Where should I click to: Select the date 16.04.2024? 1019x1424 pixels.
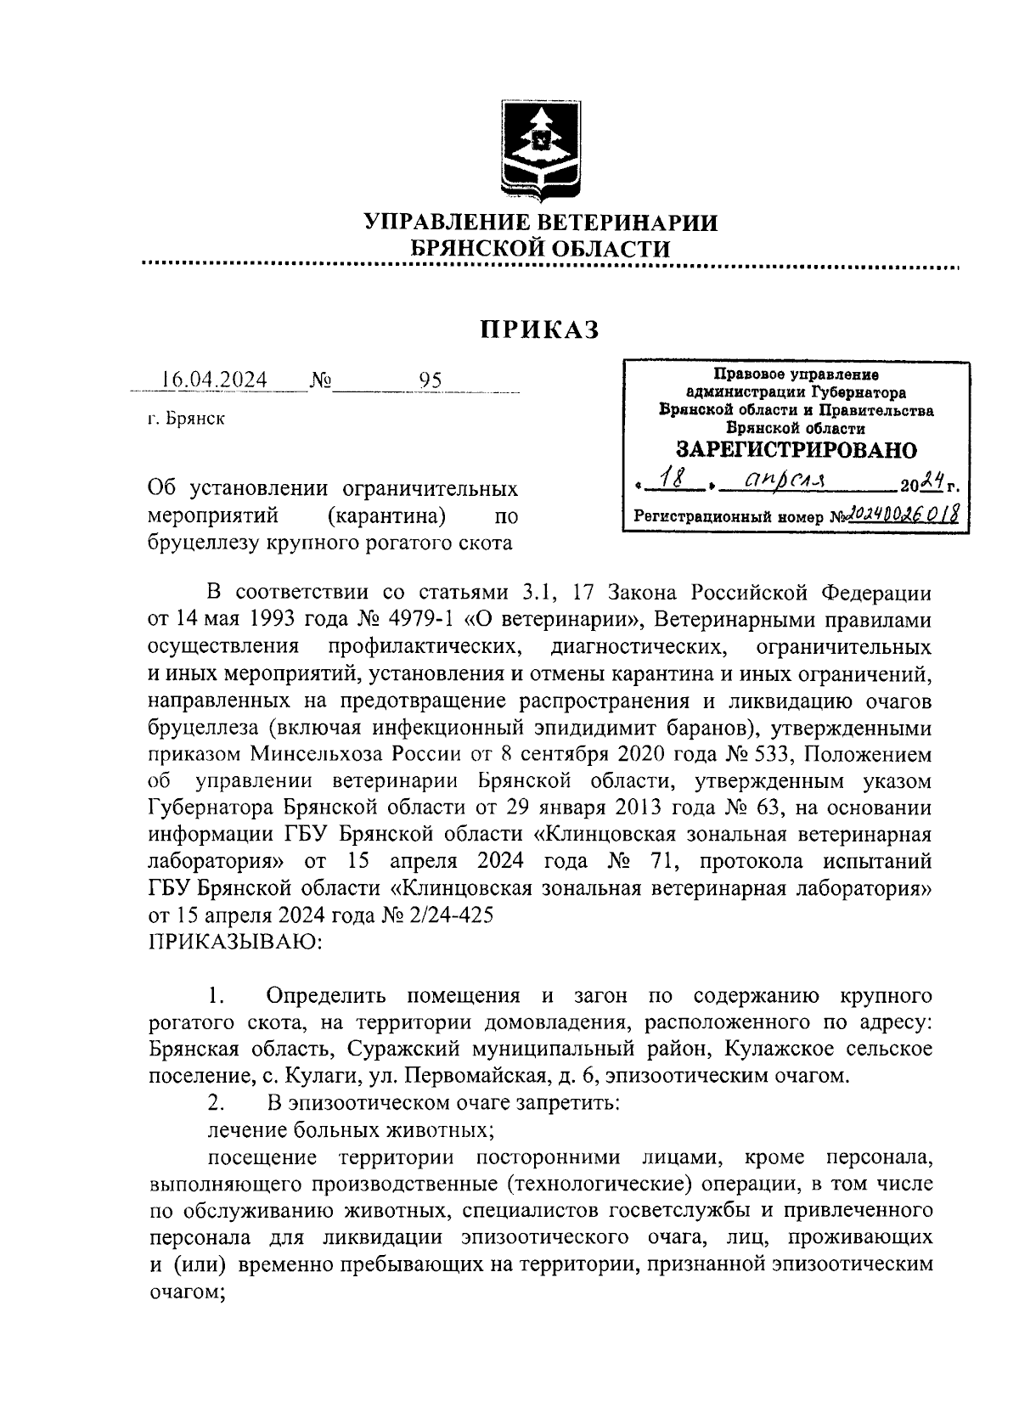215,380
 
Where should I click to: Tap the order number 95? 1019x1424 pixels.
431,380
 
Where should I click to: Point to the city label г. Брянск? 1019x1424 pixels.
186,419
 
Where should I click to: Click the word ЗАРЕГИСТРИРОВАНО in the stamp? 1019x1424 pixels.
796,450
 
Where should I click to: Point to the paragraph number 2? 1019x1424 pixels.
217,1104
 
